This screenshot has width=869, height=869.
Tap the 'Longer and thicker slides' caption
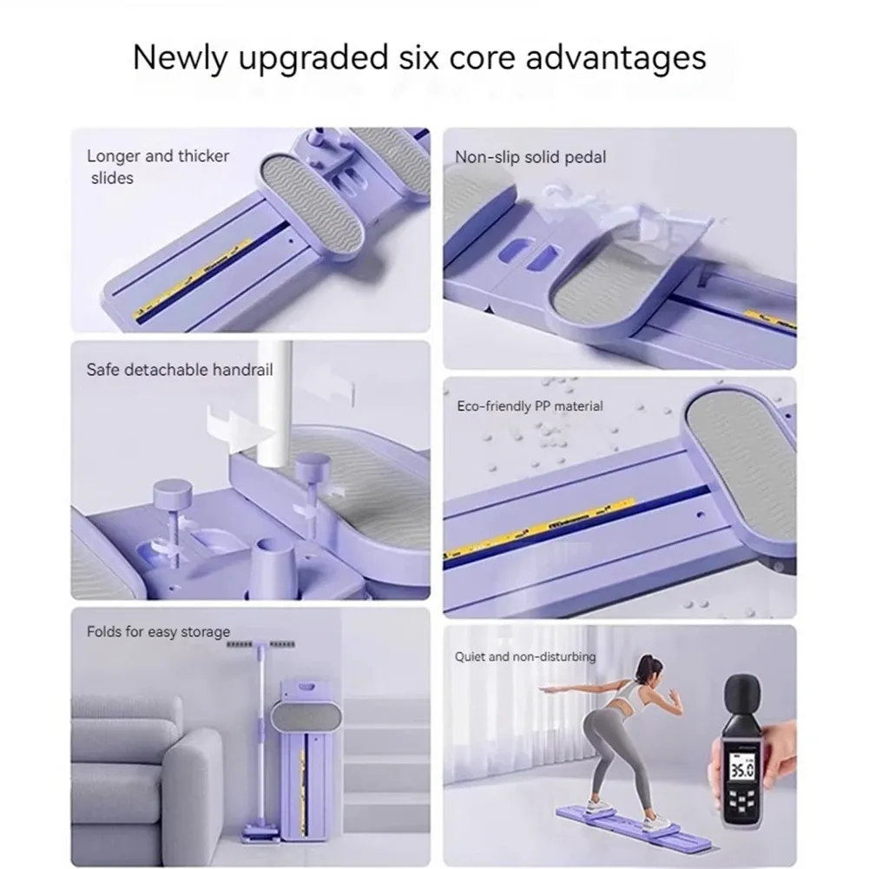[157, 167]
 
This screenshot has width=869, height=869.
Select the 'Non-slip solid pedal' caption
[530, 157]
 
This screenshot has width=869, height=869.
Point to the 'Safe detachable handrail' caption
[179, 370]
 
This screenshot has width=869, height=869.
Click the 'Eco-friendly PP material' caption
[530, 405]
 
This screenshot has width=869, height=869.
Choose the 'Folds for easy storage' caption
[158, 631]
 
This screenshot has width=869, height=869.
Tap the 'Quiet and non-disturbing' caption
[525, 656]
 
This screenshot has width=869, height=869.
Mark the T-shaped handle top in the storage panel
[260, 647]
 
